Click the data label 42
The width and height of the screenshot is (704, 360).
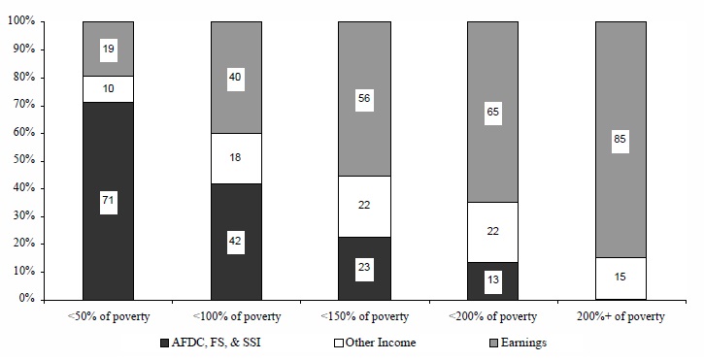pyautogui.click(x=236, y=242)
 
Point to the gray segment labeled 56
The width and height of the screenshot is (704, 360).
pyautogui.click(x=364, y=99)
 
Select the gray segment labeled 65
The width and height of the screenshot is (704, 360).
pyautogui.click(x=492, y=112)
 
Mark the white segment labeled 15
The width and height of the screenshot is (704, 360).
pyautogui.click(x=620, y=278)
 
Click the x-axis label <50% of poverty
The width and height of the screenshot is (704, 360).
pyautogui.click(x=108, y=317)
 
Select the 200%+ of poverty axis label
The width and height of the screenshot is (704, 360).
pyautogui.click(x=620, y=317)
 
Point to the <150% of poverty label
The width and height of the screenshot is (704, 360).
pyautogui.click(x=364, y=317)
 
